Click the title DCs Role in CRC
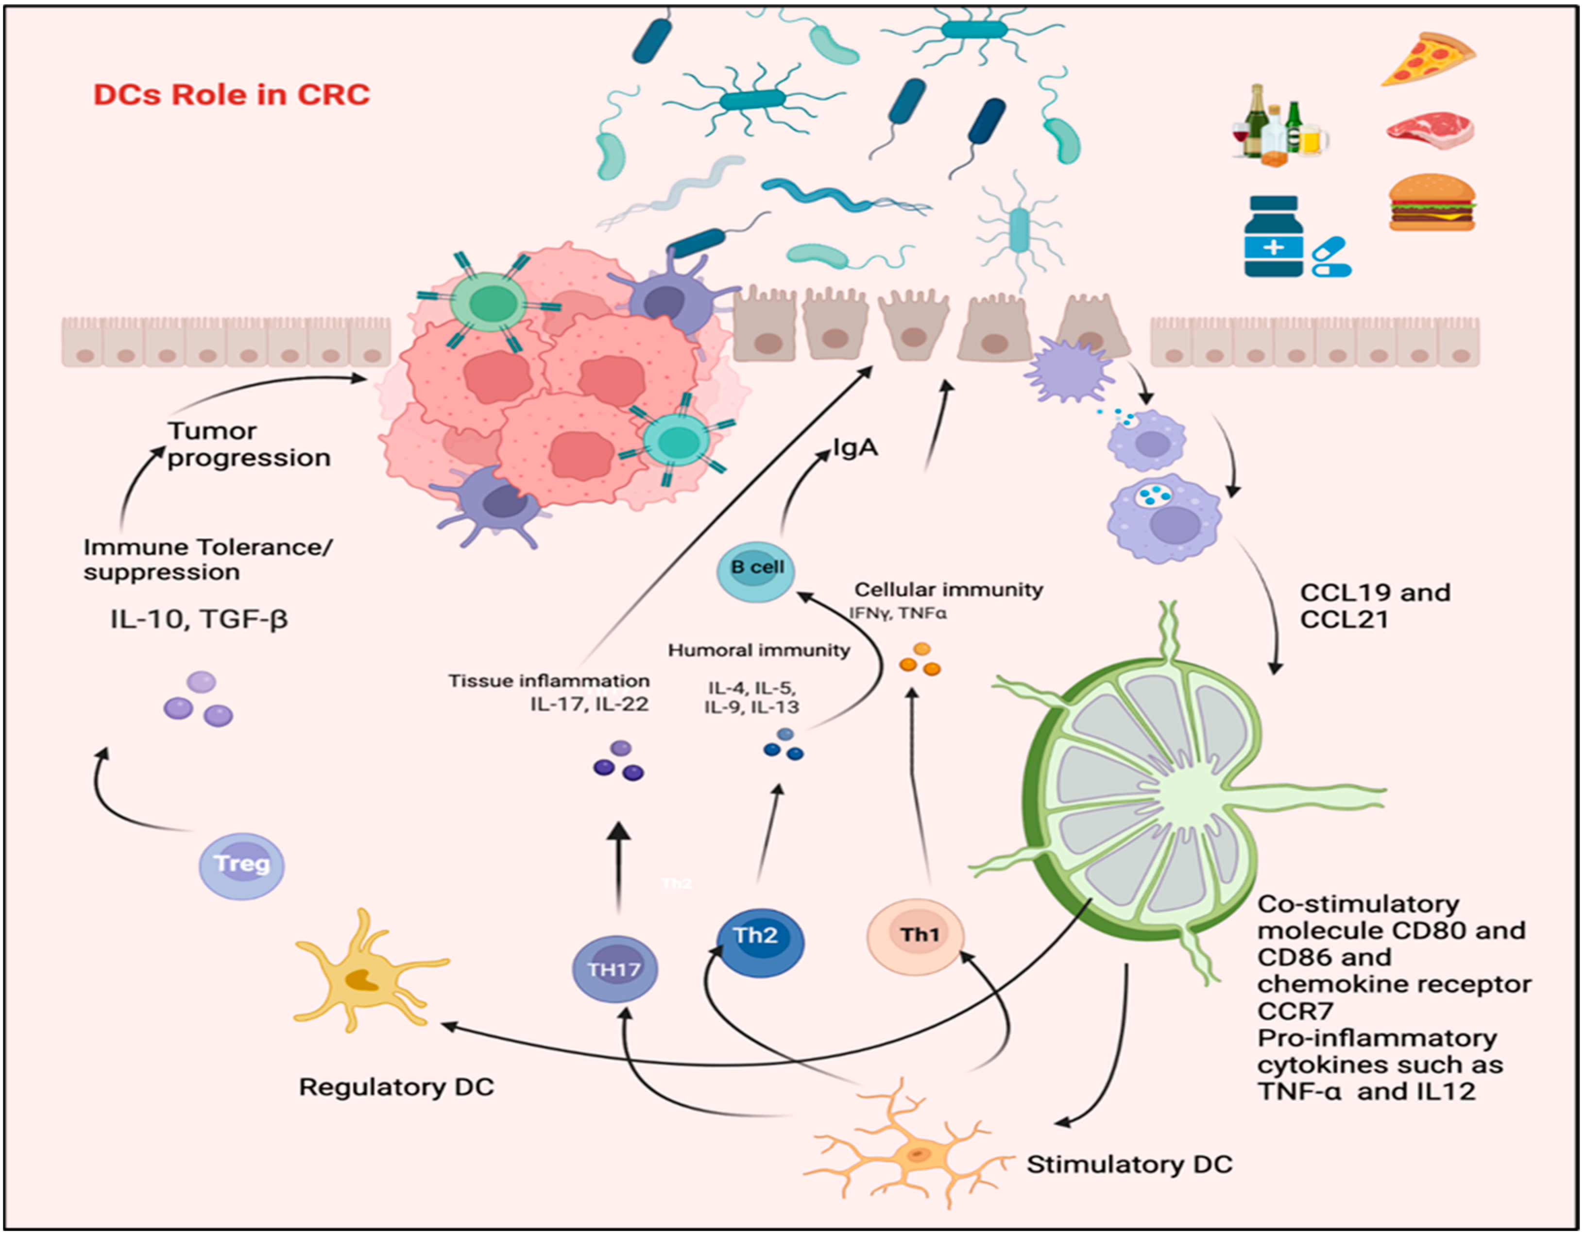pos(232,95)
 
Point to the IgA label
pos(855,448)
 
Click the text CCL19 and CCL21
pos(1374,605)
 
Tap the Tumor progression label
pos(248,444)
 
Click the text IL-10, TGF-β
pos(199,619)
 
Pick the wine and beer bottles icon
pos(1279,125)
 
